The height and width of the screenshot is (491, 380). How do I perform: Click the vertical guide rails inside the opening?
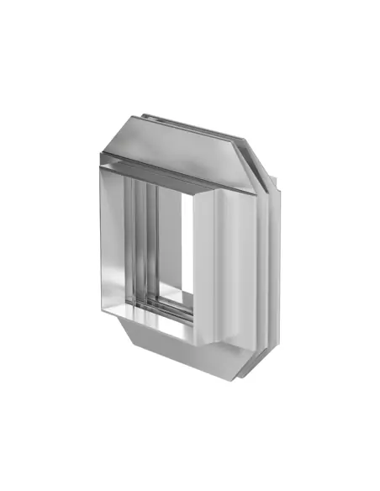pyautogui.click(x=147, y=244)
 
